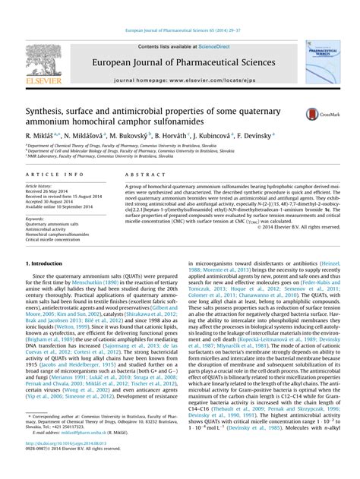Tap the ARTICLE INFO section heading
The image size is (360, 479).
(x=46, y=174)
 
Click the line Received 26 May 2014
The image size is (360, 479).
(x=51, y=191)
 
